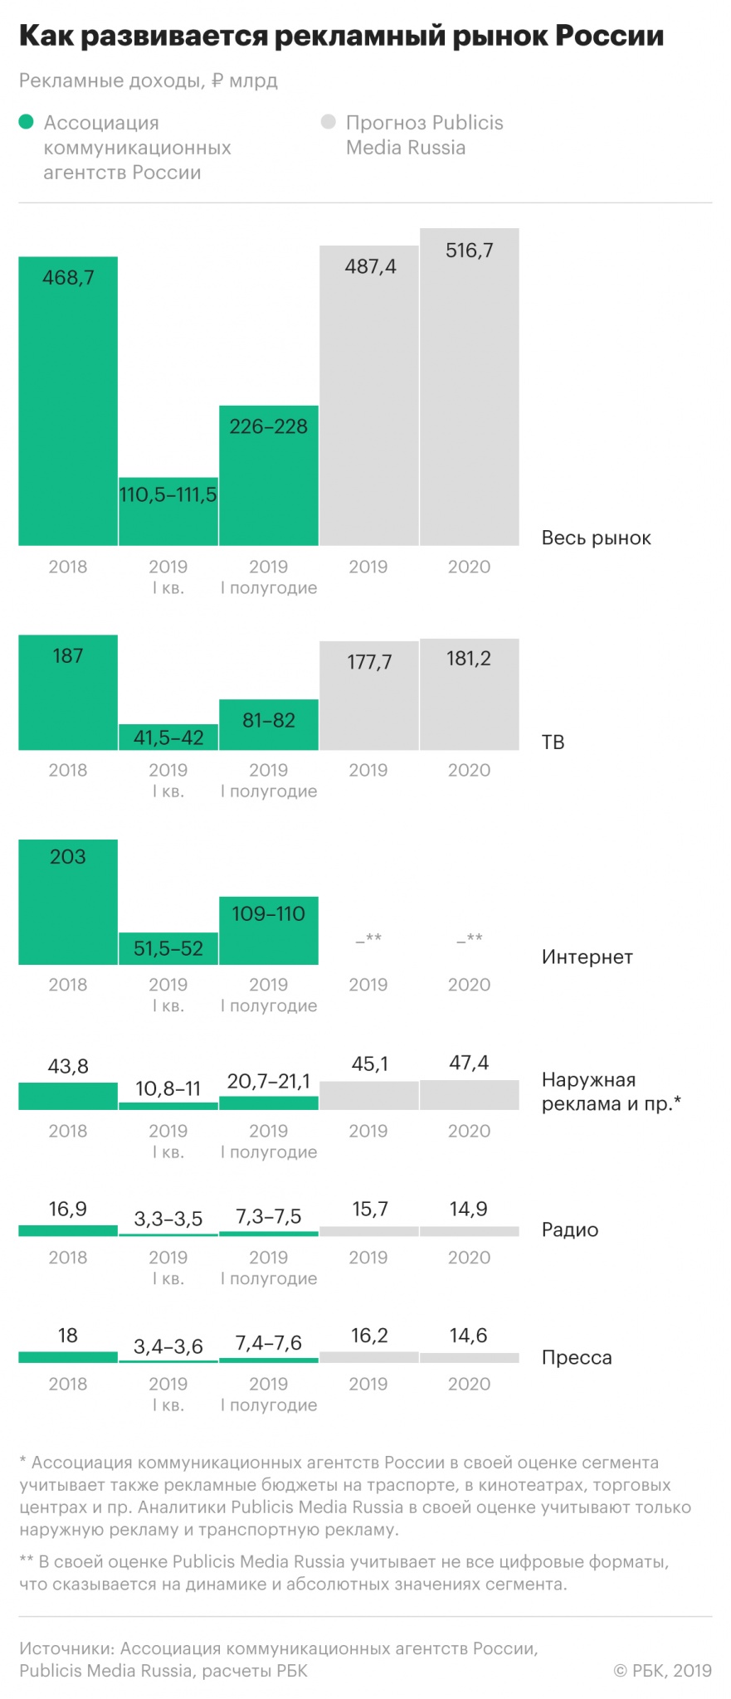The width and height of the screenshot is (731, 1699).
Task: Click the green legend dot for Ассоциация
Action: pos(27,123)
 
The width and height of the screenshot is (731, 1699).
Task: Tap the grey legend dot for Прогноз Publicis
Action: pos(329,123)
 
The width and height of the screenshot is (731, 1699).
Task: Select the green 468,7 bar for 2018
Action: pos(68,401)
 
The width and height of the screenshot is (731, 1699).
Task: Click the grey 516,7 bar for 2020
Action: pos(469,387)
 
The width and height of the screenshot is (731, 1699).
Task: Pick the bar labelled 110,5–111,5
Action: pos(168,511)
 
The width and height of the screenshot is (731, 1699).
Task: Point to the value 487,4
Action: pos(370,266)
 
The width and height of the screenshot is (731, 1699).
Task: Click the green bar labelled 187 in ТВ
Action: pos(68,693)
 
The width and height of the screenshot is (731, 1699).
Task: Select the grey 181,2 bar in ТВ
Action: pos(469,694)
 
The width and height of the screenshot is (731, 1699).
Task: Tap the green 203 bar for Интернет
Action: pos(68,902)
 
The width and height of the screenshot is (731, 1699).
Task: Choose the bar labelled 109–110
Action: pos(269,931)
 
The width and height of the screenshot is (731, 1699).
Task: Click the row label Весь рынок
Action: pos(596,538)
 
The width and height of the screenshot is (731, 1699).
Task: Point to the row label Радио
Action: pos(569,1229)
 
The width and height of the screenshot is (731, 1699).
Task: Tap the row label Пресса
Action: pos(576,1357)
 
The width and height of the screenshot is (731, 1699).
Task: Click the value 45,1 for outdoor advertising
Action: pos(370,1064)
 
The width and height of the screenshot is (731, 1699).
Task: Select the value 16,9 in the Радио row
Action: pos(68,1209)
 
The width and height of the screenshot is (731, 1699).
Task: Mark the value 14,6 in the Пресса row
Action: pos(469,1335)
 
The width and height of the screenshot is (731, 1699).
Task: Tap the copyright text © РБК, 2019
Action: pos(662,1670)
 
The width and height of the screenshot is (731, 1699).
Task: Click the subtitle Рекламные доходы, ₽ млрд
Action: pos(149,80)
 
